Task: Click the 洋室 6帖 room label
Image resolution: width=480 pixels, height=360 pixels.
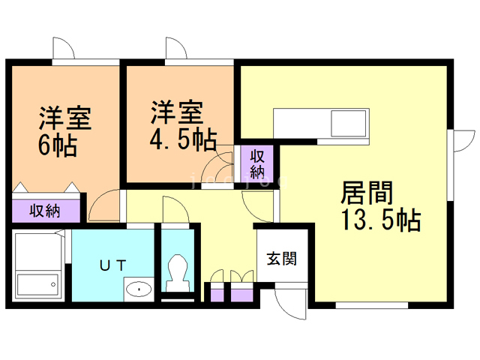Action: point(65,131)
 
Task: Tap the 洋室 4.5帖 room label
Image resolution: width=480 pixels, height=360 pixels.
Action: point(183,125)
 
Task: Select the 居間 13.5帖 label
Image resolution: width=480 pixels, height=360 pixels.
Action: point(381,205)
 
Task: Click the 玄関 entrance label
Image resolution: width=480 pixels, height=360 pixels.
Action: point(282,259)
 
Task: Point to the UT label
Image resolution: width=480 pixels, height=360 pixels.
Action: point(113,265)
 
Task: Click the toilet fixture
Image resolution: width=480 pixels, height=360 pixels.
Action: point(177,273)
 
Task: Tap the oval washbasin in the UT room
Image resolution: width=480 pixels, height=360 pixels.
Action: point(139,289)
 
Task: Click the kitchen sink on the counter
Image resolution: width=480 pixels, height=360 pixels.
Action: point(349,123)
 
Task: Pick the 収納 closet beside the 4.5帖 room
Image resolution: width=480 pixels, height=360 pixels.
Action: point(257,164)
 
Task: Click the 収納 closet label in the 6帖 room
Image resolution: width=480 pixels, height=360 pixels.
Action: point(45,211)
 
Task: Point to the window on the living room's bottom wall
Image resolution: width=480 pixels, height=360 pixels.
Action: point(372,305)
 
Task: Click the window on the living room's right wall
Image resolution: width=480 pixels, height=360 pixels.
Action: point(450,165)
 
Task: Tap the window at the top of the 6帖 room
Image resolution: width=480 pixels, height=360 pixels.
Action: point(85,62)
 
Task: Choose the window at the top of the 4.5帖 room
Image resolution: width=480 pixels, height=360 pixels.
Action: point(199,62)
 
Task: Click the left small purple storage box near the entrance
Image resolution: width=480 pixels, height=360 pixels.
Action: point(217,295)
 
